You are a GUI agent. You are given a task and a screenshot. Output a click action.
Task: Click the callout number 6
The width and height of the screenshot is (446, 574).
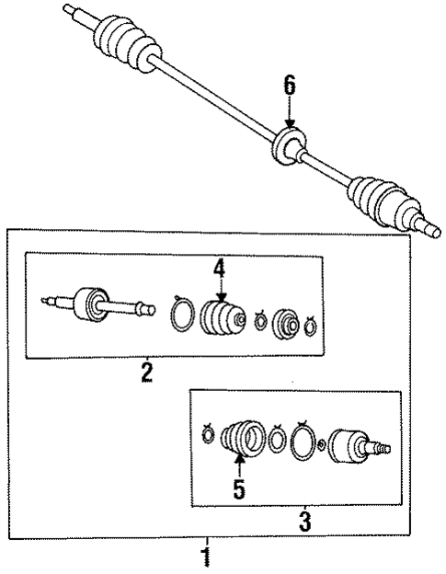pos(290,87)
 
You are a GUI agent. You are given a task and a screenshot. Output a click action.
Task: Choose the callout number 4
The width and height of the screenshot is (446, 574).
pos(219,268)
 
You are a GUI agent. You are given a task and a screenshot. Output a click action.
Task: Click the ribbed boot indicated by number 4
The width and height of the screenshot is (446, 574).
pos(221,320)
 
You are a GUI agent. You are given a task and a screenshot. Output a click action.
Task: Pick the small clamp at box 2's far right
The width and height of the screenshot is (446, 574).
pos(311,323)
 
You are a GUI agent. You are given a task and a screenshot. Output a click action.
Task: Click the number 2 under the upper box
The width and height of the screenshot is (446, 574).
pos(146,373)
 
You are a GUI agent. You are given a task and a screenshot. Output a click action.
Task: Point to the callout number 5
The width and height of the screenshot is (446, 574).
pos(239,490)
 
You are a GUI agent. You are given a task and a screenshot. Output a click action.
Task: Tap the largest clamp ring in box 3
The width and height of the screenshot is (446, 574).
pos(302,439)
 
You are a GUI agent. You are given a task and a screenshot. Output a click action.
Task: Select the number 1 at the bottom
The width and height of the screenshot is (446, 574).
pos(207,556)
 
